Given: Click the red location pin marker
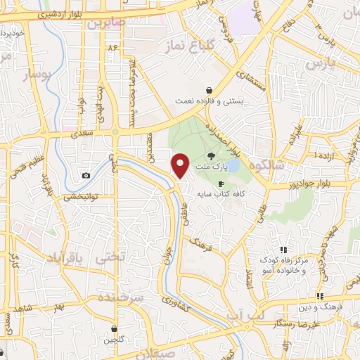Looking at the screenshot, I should click(181, 165).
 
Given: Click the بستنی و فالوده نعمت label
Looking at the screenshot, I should click(210, 101).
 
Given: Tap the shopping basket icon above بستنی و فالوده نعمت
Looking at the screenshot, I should click(210, 90).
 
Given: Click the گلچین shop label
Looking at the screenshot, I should click(115, 340).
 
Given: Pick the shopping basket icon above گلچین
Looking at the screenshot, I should click(115, 328).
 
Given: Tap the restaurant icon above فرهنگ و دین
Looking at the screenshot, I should click(320, 296).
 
